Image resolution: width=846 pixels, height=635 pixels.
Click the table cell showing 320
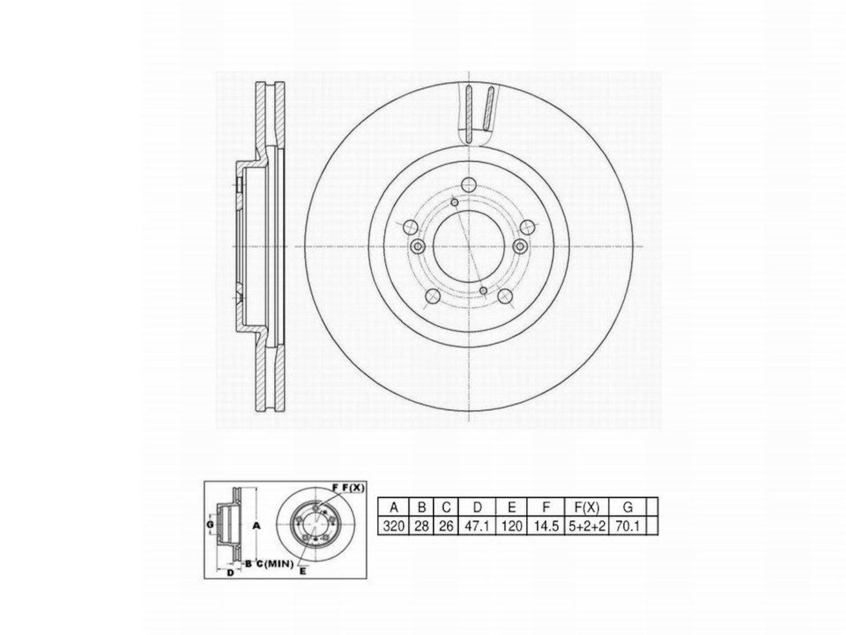tap(394, 526)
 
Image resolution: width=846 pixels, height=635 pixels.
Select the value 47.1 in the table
tap(477, 526)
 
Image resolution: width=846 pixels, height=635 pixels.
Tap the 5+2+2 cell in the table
tap(587, 526)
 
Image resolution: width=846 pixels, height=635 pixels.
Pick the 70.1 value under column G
tap(627, 526)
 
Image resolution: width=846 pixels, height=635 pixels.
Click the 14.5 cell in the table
tap(546, 526)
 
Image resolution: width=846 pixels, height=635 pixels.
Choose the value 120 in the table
tap(511, 526)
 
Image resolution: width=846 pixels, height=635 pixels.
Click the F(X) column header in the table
tap(587, 507)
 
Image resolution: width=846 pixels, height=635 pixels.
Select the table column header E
tap(511, 507)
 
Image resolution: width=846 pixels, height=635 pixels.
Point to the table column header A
tap(394, 507)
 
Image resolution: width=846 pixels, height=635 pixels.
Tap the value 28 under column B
tap(421, 526)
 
